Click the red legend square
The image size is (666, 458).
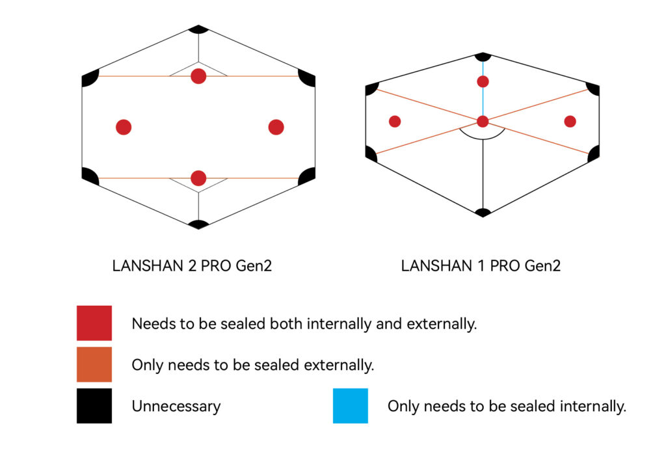[x=94, y=323]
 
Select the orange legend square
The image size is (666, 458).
[x=94, y=364]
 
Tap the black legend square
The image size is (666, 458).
[x=94, y=406]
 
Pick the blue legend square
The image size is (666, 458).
[x=351, y=406]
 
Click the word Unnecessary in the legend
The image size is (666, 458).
[x=176, y=407]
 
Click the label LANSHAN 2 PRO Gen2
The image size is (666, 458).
[x=192, y=265]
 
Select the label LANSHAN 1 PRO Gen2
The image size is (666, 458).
[x=481, y=265]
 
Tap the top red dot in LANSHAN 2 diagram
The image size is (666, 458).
[x=198, y=76]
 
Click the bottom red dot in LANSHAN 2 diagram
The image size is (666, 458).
[x=198, y=178]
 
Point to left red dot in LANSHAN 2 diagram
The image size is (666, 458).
[x=124, y=127]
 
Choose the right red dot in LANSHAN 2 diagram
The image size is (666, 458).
[x=276, y=127]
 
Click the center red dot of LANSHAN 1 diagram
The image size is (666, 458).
[x=483, y=121]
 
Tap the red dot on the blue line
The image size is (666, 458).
[x=483, y=81]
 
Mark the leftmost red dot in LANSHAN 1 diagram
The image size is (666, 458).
[x=394, y=121]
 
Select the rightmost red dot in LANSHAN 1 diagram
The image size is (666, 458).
[x=570, y=121]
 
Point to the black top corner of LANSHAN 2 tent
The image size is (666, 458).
[x=198, y=29]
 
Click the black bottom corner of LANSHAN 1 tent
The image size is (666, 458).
[x=483, y=212]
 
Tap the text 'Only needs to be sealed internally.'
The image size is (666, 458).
[x=506, y=407]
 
